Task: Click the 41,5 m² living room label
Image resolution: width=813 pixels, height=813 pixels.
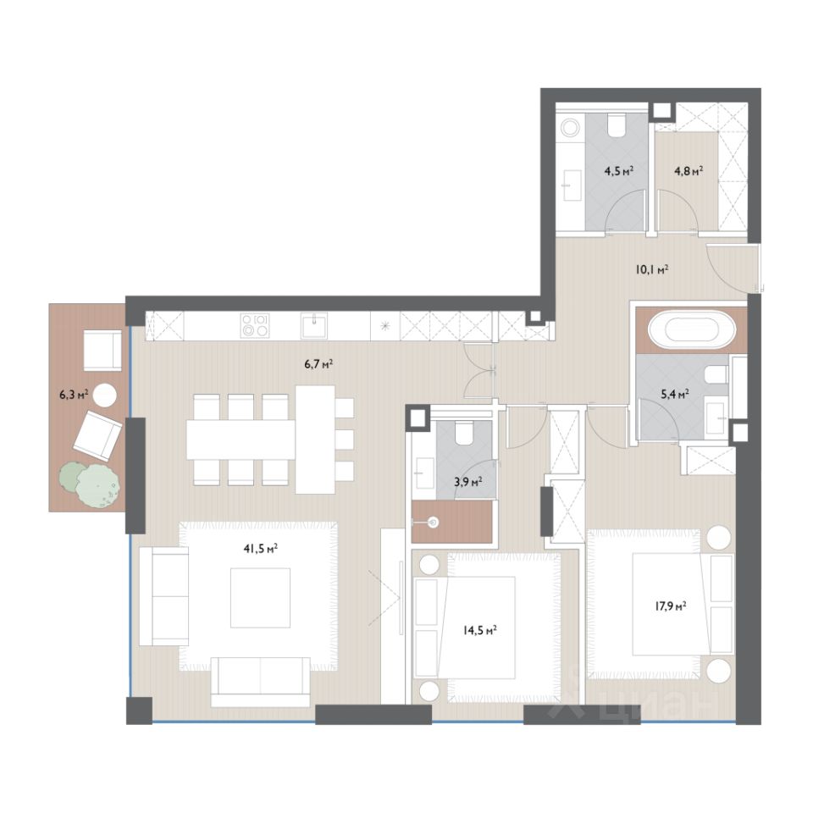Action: (x=261, y=549)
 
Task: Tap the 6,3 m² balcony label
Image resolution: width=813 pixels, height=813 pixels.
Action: (x=74, y=395)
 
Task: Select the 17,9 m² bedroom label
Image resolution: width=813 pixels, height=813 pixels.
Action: (x=671, y=606)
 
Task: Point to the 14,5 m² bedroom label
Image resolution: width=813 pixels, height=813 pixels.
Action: (x=481, y=630)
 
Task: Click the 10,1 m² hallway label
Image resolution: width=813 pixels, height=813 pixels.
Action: (x=652, y=269)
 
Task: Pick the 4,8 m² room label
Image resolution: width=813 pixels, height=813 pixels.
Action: (x=689, y=171)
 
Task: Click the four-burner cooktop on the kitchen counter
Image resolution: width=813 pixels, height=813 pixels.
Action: (x=255, y=326)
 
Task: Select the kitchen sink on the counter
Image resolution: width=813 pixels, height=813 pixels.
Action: (x=314, y=326)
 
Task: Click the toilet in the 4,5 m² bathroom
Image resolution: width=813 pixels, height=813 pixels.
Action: (x=617, y=125)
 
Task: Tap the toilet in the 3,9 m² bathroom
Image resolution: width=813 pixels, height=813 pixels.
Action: (x=464, y=433)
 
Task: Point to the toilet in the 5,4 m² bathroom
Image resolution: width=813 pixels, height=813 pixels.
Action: (x=719, y=374)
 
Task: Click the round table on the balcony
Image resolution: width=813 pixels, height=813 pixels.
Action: (x=105, y=395)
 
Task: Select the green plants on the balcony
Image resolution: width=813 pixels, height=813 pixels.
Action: (x=91, y=484)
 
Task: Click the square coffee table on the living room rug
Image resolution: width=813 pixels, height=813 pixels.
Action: (x=260, y=598)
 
